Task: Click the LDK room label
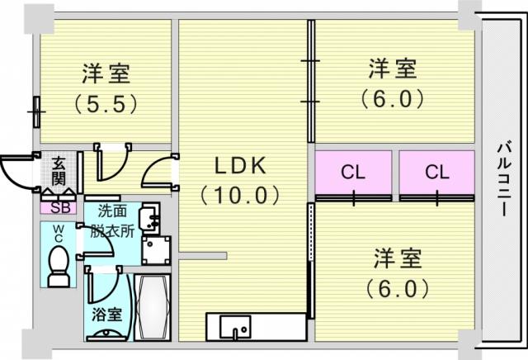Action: (x=240, y=166)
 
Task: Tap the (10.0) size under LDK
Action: (x=240, y=195)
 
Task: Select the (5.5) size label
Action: (x=106, y=103)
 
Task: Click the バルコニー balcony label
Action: (x=504, y=179)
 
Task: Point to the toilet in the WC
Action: (x=59, y=267)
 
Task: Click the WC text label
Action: (x=59, y=234)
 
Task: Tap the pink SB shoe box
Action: (x=59, y=208)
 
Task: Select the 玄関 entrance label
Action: (x=59, y=172)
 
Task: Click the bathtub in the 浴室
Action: (x=153, y=307)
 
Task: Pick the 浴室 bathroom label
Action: (x=107, y=315)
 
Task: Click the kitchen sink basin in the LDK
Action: (x=235, y=325)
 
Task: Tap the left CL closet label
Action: (x=353, y=173)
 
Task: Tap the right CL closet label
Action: (x=436, y=172)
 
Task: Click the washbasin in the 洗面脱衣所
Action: (x=151, y=218)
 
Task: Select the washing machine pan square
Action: (x=156, y=250)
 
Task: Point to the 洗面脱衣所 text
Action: (x=112, y=221)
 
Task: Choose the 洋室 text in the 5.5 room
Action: (x=106, y=73)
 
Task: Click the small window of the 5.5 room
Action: (x=36, y=112)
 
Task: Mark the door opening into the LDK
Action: (x=159, y=172)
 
